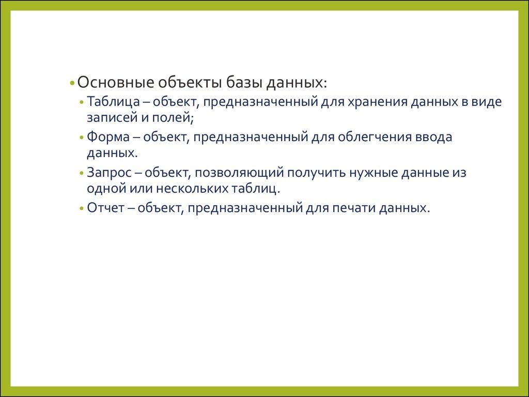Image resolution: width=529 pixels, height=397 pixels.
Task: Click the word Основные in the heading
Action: click(x=116, y=82)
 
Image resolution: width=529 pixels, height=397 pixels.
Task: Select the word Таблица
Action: click(x=113, y=102)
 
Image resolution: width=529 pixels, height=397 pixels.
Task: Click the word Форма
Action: click(x=108, y=137)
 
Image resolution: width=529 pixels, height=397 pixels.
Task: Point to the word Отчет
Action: click(x=106, y=208)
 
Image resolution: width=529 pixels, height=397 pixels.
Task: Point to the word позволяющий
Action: click(x=239, y=173)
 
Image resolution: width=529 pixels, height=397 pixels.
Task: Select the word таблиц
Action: click(x=255, y=188)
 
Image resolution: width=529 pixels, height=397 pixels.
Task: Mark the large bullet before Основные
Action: click(x=72, y=83)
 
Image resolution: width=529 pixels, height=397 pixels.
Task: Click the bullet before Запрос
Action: click(x=81, y=173)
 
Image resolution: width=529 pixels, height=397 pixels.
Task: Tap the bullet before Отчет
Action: click(x=81, y=208)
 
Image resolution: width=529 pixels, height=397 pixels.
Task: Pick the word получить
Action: click(x=316, y=173)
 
